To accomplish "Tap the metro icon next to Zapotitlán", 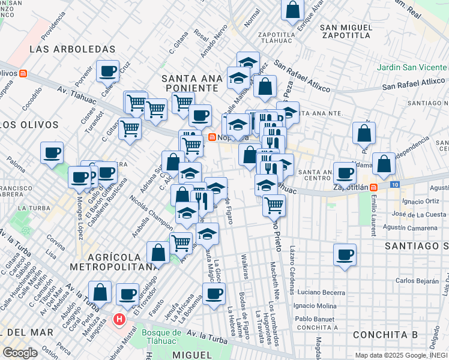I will [x=373, y=187].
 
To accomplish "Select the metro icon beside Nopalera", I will [x=212, y=137].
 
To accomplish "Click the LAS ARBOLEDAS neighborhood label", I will [x=63, y=49].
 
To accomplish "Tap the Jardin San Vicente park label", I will [x=412, y=67].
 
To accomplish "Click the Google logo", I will [x=20, y=353].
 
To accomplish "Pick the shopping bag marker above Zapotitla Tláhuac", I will [x=292, y=10].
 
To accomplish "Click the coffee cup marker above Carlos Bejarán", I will [x=345, y=254].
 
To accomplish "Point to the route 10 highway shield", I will [x=394, y=184].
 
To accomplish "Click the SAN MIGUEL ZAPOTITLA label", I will [x=351, y=34].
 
